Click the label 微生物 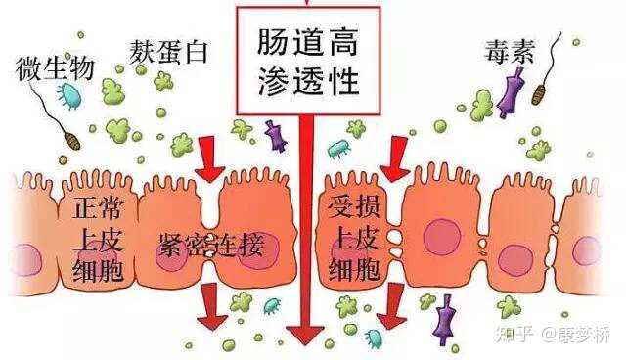55,68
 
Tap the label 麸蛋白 170,51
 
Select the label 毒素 509,54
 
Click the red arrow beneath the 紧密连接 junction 210,307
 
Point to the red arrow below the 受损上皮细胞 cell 391,307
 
